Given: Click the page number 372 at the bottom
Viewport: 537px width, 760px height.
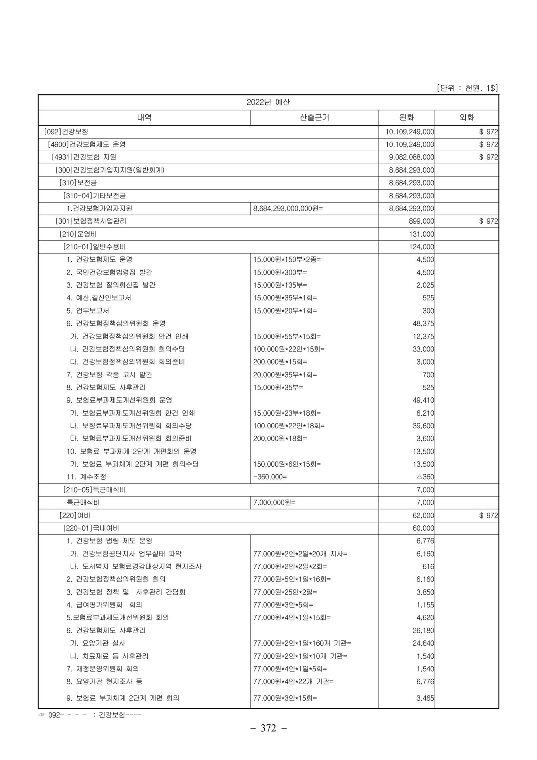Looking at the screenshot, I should coord(268,728).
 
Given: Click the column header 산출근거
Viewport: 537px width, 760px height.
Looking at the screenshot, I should coord(314,118).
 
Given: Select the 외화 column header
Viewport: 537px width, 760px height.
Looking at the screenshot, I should coord(466,118).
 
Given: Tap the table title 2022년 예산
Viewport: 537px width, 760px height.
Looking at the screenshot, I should coord(268,103).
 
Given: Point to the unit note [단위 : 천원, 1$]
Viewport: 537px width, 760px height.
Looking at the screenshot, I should coord(467,88).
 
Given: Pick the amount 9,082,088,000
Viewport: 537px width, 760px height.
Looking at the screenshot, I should coord(411,157).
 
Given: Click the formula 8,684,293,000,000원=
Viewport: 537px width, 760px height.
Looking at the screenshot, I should coord(288,209).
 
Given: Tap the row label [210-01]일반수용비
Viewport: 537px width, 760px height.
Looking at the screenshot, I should coord(94,247).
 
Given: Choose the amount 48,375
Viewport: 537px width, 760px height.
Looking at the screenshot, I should coord(423,323).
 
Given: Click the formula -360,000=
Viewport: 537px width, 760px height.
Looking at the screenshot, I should coord(270,477).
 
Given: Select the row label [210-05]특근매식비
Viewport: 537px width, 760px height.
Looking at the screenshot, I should coord(94,490).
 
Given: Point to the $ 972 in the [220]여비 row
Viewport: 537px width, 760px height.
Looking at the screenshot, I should coord(488,515).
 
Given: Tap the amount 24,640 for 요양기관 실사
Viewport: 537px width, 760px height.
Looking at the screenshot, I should coord(423,643).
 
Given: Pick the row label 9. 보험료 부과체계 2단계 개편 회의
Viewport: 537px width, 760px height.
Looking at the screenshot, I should coord(123,698).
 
